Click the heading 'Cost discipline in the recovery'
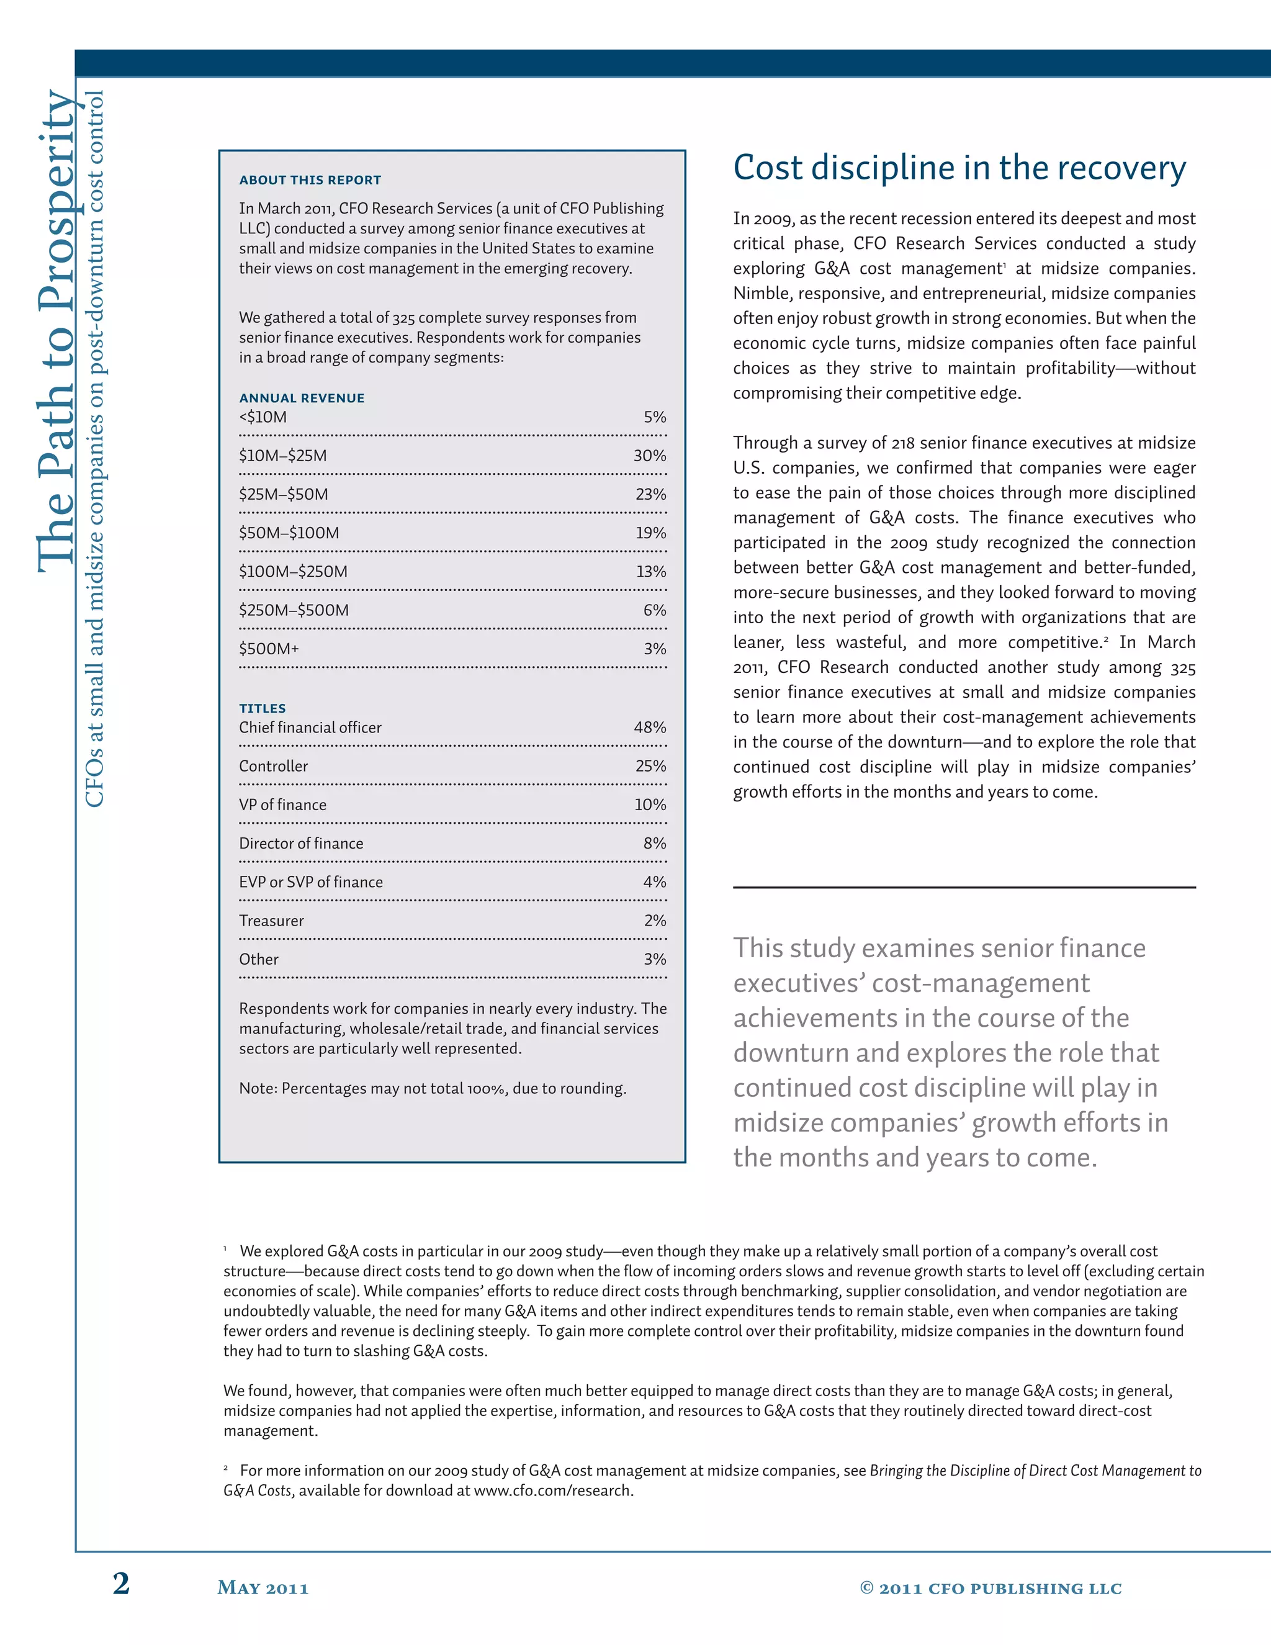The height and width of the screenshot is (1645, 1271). click(x=959, y=168)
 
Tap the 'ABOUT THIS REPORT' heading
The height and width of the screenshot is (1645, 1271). click(x=310, y=180)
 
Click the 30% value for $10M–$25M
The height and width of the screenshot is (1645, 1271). click(x=649, y=456)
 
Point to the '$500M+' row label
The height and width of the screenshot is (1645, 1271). click(x=269, y=649)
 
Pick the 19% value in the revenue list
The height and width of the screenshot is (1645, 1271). click(x=650, y=533)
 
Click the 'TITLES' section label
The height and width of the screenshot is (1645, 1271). click(x=262, y=708)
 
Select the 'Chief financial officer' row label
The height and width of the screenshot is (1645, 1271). click(x=310, y=728)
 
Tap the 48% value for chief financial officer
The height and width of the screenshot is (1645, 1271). click(x=649, y=728)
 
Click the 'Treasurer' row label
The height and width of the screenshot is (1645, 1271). click(x=271, y=921)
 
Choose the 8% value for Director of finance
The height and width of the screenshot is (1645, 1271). click(x=654, y=843)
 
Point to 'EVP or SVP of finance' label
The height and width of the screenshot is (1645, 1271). click(x=310, y=882)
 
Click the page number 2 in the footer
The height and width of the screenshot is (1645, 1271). click(x=121, y=1584)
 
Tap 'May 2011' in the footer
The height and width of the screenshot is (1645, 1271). click(x=263, y=1589)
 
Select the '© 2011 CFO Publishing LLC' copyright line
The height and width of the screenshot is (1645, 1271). click(x=990, y=1589)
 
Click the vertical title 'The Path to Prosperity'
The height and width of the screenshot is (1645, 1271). click(x=56, y=331)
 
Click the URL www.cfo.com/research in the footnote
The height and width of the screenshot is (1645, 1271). click(x=552, y=1490)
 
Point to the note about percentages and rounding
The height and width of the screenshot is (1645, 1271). click(x=432, y=1088)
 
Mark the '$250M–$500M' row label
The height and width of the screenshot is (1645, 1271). click(x=294, y=610)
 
